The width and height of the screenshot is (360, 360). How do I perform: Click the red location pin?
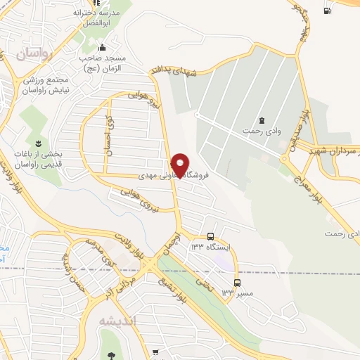click(x=181, y=165)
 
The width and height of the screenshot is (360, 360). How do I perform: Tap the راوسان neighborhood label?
click(x=35, y=53)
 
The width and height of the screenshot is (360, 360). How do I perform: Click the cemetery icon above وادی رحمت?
click(x=262, y=120)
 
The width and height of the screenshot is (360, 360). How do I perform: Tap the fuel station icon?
click(x=327, y=11)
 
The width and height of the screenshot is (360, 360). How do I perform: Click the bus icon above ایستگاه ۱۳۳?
click(x=212, y=236)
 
